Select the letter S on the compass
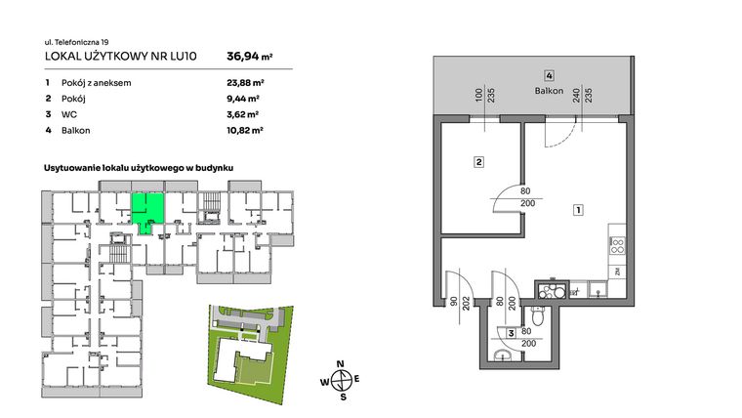[x=342, y=397]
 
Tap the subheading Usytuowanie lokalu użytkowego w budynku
[x=144, y=169]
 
